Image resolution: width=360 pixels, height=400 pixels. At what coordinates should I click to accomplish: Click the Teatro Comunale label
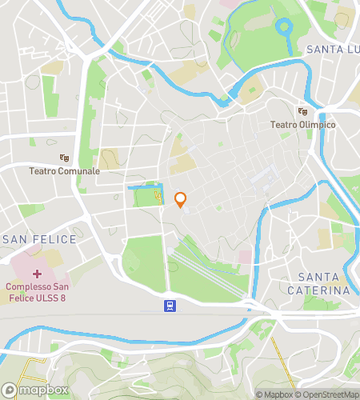(65, 171)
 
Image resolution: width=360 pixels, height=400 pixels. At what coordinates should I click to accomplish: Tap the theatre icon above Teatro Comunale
(65, 158)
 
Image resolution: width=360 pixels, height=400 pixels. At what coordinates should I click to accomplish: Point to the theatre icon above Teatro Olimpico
(302, 112)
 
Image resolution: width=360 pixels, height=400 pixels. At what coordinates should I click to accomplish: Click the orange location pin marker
(181, 199)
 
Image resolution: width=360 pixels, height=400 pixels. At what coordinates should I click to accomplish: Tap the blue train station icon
(170, 305)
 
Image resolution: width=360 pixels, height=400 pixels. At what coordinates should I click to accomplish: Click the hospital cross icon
(36, 274)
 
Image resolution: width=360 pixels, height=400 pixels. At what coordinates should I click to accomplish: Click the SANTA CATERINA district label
(323, 283)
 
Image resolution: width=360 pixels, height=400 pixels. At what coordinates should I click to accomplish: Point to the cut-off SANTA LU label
(332, 50)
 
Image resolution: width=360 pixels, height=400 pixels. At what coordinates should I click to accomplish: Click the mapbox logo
(35, 390)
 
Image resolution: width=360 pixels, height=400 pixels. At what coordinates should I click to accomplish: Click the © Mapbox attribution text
(274, 394)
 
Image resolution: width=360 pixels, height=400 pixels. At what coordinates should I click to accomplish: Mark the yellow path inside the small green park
(158, 194)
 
